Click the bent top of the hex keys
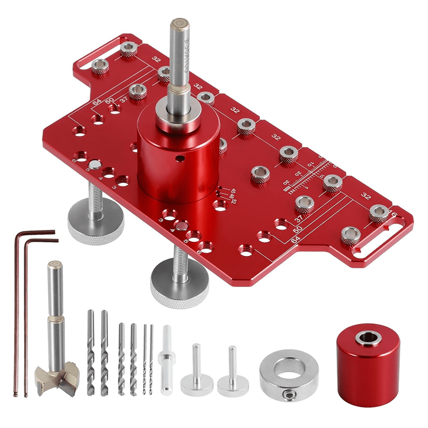pyautogui.click(x=36, y=235)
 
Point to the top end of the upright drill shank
pyautogui.click(x=177, y=25)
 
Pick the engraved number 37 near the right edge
pyautogui.click(x=299, y=217)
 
